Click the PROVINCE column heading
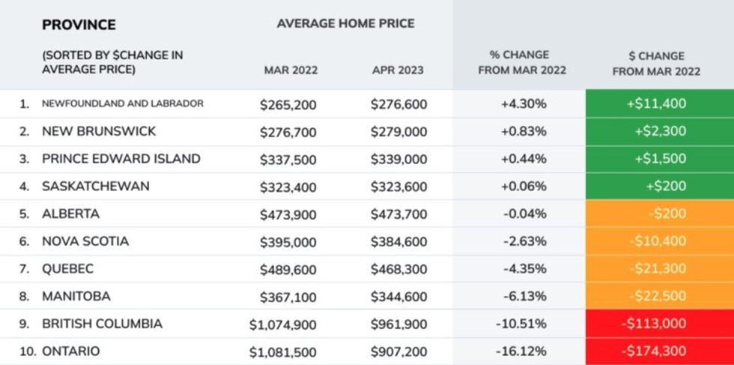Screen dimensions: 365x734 [x=79, y=25]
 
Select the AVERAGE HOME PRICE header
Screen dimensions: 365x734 [x=345, y=24]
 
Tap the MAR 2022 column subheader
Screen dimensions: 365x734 [x=291, y=70]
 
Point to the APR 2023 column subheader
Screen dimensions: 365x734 [x=398, y=70]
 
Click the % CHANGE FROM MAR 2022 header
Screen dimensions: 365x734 [x=519, y=63]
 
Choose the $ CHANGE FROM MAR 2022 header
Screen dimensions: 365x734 [x=656, y=64]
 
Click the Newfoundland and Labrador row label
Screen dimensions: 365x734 [x=122, y=103]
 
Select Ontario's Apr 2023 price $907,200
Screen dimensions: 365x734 [x=398, y=352]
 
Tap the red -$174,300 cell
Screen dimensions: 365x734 [x=656, y=352]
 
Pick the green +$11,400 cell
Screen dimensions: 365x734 [x=656, y=104]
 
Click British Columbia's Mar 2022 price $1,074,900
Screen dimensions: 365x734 [x=283, y=325]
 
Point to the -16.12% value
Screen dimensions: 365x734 [x=520, y=352]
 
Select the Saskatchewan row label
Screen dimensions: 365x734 [x=96, y=186]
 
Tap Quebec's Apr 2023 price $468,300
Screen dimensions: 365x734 [x=398, y=269]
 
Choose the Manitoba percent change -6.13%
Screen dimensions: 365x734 [x=520, y=297]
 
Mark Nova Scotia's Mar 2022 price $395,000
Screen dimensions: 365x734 [x=288, y=242]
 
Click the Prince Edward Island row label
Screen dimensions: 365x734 [x=121, y=159]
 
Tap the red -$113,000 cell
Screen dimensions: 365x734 [x=656, y=325]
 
